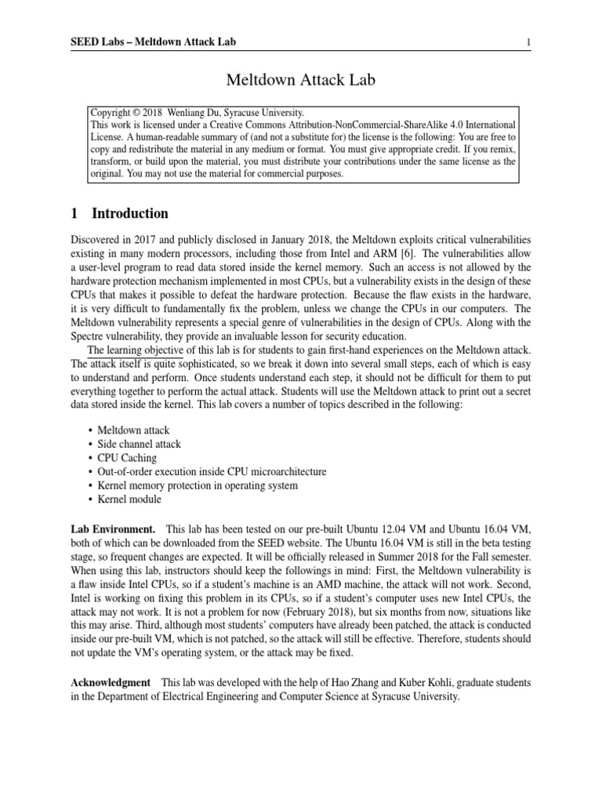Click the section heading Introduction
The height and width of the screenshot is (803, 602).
pos(129,213)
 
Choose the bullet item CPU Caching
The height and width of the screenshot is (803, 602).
pos(127,457)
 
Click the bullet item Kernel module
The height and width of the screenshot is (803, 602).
pos(129,500)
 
